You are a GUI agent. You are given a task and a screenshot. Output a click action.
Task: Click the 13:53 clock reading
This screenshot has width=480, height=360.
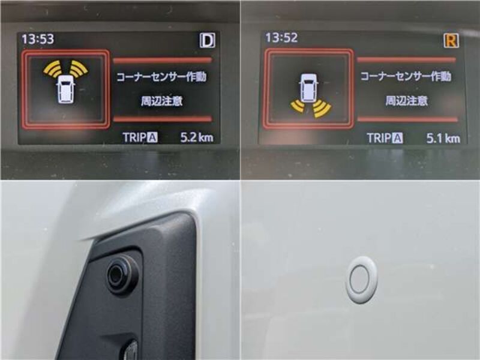coord(38,39)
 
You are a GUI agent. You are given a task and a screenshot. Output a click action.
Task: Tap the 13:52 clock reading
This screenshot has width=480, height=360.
coord(281,38)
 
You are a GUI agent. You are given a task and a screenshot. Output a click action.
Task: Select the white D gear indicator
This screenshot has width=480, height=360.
coord(208,40)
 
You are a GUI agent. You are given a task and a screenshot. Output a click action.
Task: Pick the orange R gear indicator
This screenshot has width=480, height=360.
coord(451,40)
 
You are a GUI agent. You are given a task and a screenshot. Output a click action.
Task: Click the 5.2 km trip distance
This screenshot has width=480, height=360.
coord(197,137)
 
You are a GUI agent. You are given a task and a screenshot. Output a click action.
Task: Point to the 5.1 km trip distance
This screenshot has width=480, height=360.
coord(443,139)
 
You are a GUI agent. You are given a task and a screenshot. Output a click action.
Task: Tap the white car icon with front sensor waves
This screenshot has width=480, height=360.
coord(66,89)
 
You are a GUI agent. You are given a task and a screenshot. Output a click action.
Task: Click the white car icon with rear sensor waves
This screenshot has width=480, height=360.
coord(308,87)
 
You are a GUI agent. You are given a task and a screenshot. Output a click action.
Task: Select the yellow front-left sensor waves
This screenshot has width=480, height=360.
coord(52,68)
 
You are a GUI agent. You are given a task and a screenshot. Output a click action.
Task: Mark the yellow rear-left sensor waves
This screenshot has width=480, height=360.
coord(298,106)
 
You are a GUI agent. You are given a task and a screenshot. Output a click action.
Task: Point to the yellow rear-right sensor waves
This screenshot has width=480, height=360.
coord(322,109)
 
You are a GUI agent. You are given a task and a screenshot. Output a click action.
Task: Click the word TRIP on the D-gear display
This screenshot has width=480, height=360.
coord(134,137)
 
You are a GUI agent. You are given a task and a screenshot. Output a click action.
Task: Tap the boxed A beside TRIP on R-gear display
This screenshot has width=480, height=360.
coord(397,139)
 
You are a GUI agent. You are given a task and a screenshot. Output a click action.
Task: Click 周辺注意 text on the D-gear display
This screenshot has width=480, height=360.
coord(161,101)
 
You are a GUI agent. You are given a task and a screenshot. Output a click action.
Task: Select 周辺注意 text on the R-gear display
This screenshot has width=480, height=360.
coord(406,100)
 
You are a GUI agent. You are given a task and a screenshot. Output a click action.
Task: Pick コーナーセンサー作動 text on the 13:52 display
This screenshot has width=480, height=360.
coord(406,76)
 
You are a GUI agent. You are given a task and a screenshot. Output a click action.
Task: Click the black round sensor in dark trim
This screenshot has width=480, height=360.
coord(123,274)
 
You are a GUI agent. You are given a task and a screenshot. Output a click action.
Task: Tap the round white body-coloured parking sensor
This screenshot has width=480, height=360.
coord(361,280)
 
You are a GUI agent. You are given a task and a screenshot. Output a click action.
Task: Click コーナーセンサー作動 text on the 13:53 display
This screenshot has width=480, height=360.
coord(161,77)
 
